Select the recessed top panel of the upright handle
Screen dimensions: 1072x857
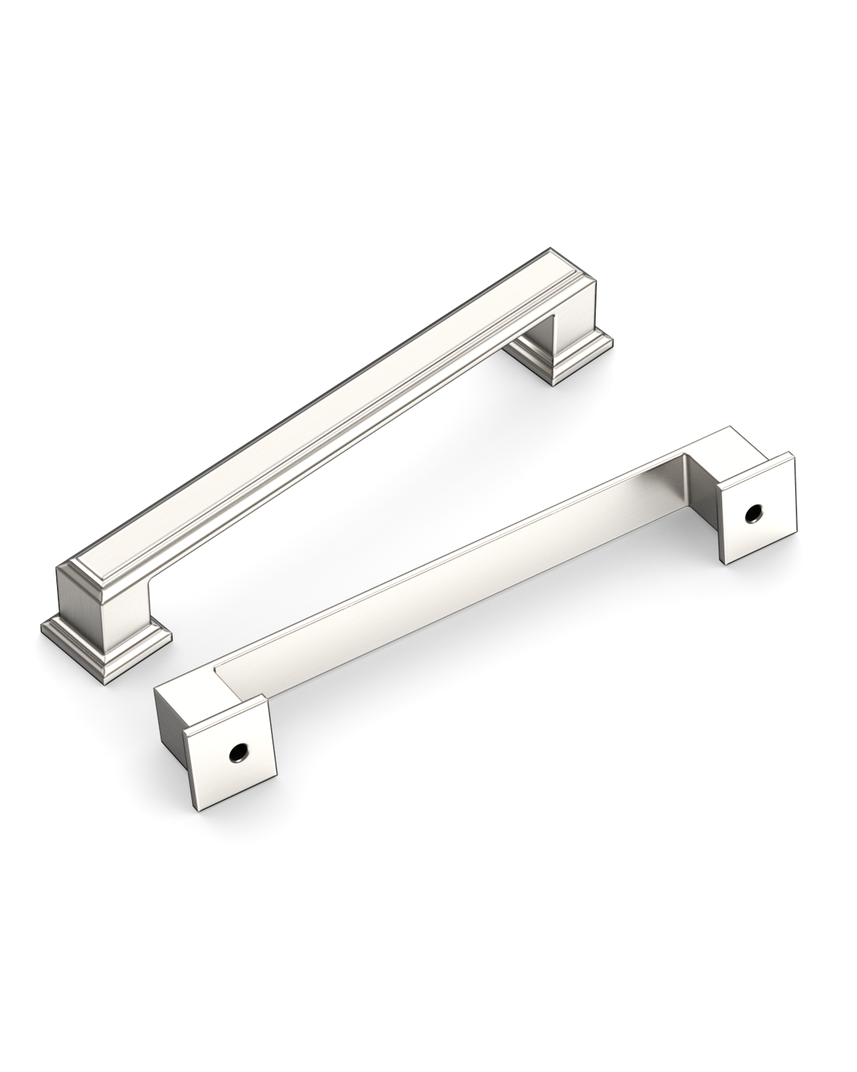pyautogui.click(x=321, y=436)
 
